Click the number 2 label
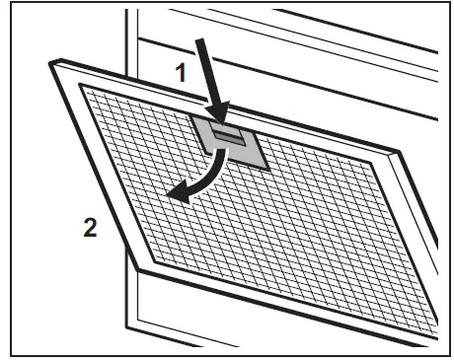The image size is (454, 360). tap(90, 228)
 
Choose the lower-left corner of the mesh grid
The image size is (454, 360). tap(145, 255)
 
